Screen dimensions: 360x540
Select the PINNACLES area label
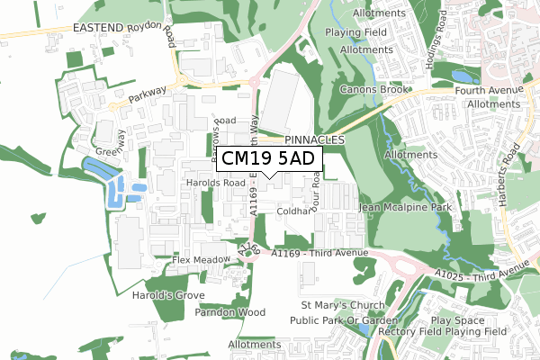pos(314,141)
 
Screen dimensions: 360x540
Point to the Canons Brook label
pos(374,90)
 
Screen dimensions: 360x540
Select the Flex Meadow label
pos(202,260)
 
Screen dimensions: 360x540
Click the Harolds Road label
pos(216,183)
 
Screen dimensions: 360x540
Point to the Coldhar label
pos(293,211)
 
